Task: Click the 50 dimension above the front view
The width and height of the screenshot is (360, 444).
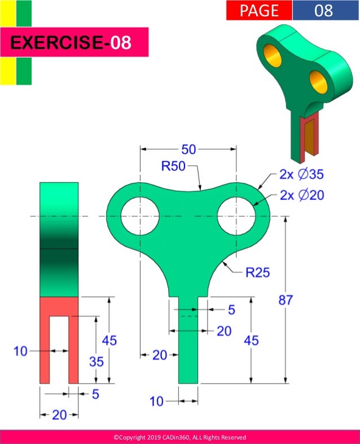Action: (x=188, y=150)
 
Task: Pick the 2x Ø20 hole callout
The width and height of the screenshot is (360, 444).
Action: (x=301, y=195)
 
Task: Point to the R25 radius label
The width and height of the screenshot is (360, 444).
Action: (x=257, y=273)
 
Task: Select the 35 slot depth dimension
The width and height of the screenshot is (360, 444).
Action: (x=96, y=361)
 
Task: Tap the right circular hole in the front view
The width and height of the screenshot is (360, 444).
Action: (x=236, y=216)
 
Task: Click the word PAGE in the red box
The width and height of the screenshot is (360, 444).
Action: (x=259, y=10)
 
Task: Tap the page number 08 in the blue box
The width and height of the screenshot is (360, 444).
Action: (x=324, y=10)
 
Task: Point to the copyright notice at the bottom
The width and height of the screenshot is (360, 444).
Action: (x=179, y=437)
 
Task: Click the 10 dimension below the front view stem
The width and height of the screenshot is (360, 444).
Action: (x=156, y=401)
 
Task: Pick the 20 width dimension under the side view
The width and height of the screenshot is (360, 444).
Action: (x=59, y=415)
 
